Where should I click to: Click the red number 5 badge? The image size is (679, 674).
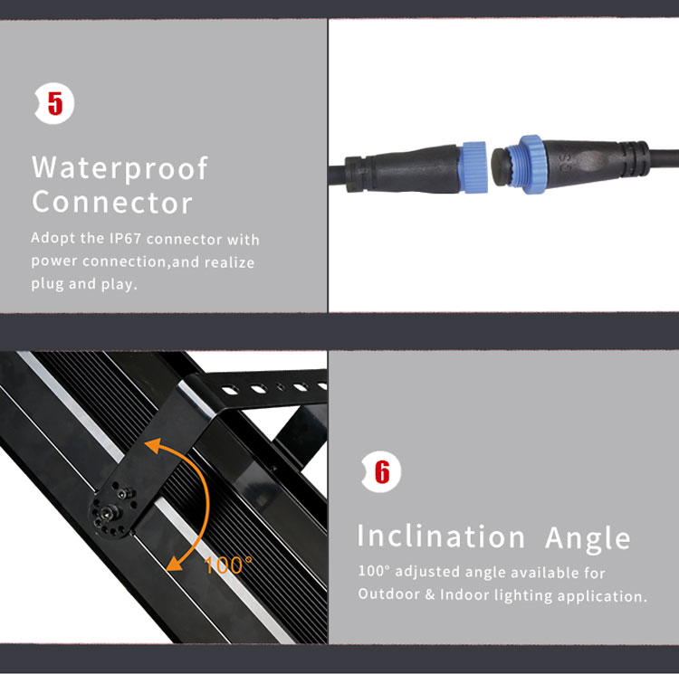(x=54, y=103)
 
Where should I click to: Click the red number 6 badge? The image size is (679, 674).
(x=381, y=471)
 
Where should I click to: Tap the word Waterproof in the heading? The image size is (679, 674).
(x=120, y=168)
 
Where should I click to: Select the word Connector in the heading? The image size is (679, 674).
(x=112, y=202)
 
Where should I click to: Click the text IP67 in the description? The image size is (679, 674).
(x=125, y=238)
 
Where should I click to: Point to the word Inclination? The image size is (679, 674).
(x=441, y=536)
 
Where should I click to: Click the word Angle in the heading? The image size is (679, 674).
(x=588, y=538)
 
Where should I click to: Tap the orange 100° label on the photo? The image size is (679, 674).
(x=228, y=565)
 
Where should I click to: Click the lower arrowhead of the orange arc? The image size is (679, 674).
(x=174, y=564)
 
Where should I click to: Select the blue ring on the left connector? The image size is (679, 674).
(x=474, y=167)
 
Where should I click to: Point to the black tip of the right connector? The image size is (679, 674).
(x=501, y=165)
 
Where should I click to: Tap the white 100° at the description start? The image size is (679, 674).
(x=374, y=571)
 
